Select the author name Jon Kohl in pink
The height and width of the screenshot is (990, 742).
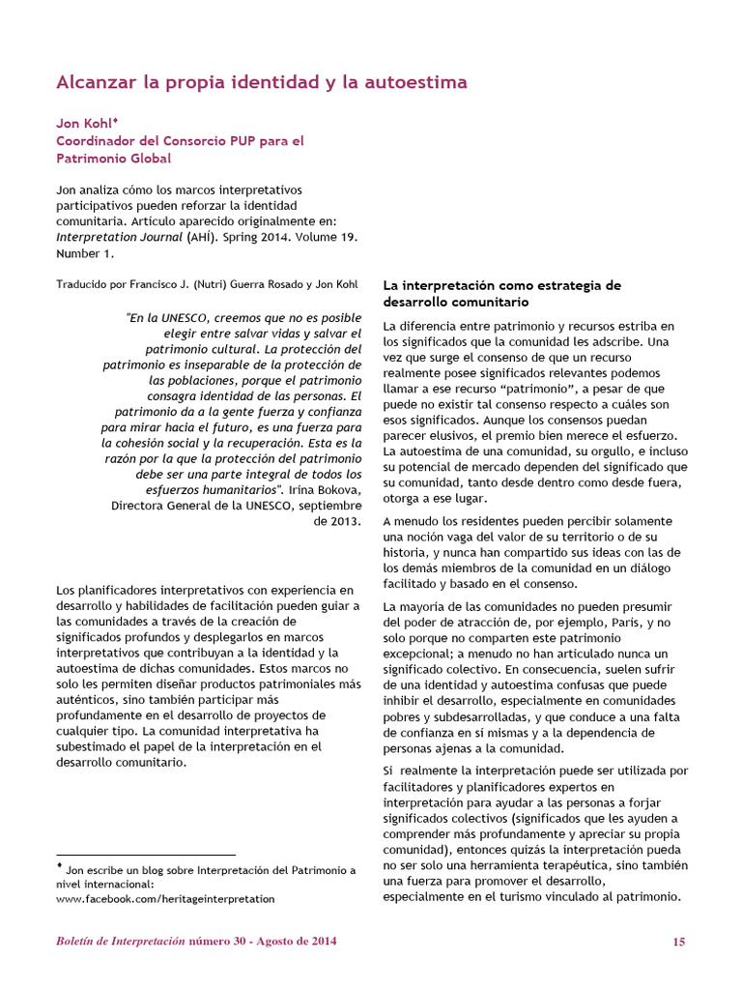[84, 125]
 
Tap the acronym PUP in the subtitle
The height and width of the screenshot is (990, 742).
[240, 141]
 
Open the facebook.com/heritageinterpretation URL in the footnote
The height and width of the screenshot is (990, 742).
[165, 898]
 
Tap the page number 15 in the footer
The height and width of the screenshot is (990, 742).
[678, 942]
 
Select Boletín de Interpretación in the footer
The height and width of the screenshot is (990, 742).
[120, 942]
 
